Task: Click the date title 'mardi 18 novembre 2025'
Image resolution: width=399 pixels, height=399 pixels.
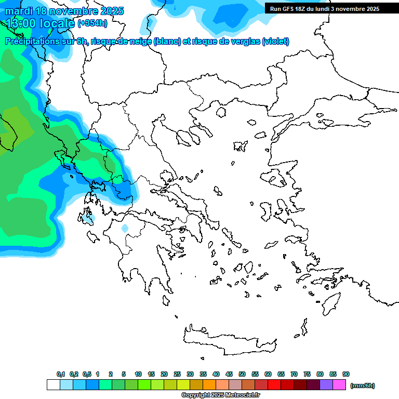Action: click(x=64, y=11)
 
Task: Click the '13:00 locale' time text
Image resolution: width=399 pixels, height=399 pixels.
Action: click(x=40, y=23)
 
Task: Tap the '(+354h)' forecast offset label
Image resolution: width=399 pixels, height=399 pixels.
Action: click(x=93, y=23)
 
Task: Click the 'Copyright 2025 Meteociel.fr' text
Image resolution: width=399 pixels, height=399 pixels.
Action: click(x=220, y=395)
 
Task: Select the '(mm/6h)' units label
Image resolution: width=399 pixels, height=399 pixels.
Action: click(x=362, y=385)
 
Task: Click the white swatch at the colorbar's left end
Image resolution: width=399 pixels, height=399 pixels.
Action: click(x=53, y=385)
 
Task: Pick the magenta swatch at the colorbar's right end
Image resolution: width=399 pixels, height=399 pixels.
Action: click(x=339, y=385)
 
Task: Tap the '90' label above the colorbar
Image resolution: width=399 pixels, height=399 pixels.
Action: click(x=346, y=374)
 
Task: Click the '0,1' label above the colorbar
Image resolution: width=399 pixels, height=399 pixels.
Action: click(x=61, y=374)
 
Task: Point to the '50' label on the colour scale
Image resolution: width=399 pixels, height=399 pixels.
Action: click(x=242, y=374)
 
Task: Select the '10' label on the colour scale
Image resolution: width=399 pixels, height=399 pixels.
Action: click(x=138, y=374)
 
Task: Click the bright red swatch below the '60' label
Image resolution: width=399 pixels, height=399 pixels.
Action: click(x=274, y=385)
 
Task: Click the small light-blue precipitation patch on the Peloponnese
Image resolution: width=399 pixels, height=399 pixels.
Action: click(x=125, y=228)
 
